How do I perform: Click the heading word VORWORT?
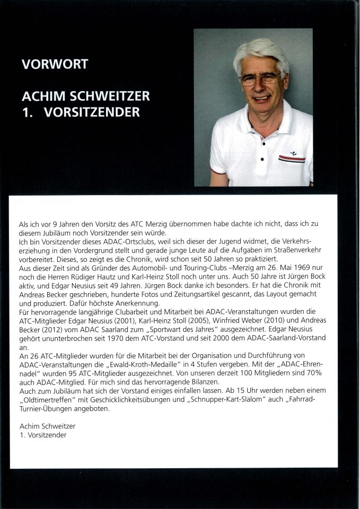[x=55, y=65]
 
